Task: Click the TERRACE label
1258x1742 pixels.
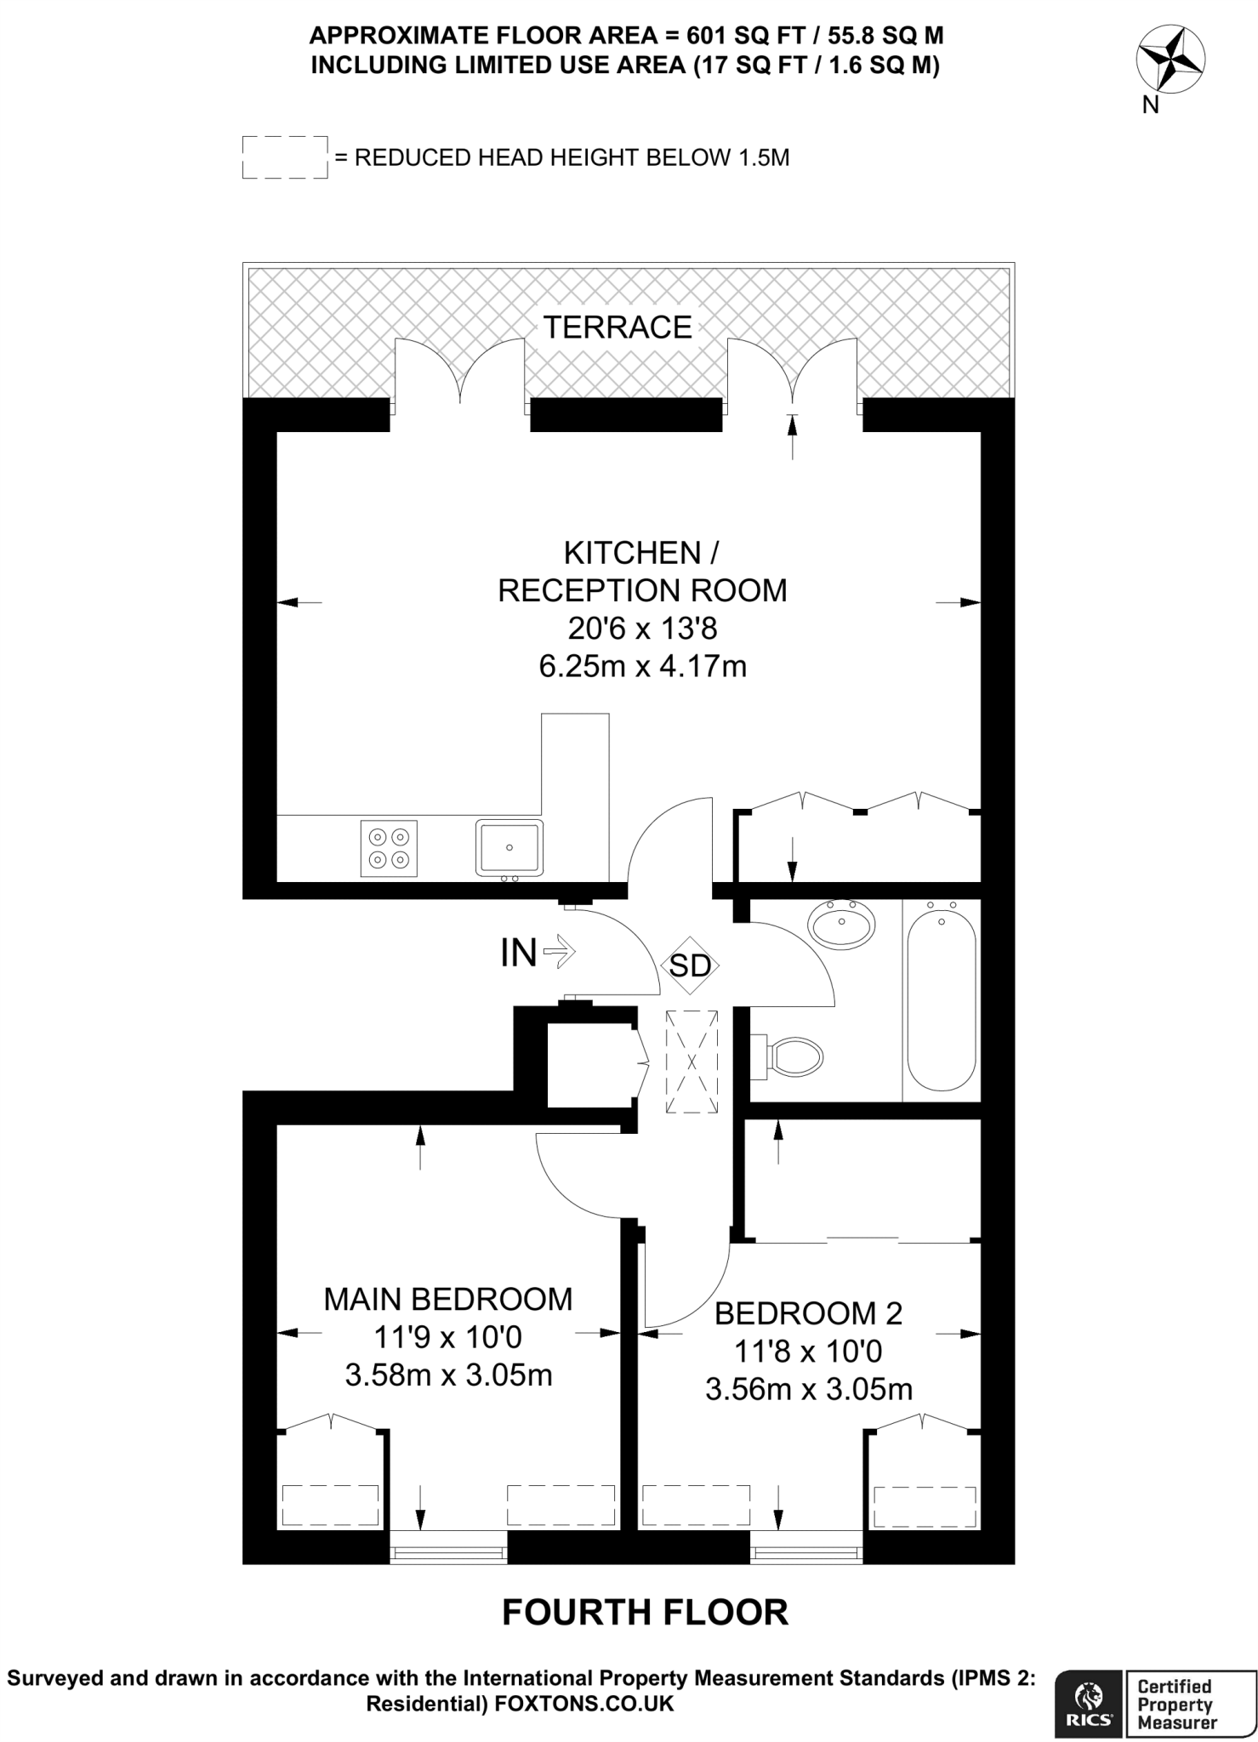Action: tap(618, 327)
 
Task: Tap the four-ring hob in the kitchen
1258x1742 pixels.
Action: tap(390, 848)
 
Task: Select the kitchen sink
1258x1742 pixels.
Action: tap(509, 848)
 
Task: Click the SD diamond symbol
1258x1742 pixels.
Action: tap(691, 965)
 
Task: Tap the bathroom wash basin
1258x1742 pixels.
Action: tap(841, 923)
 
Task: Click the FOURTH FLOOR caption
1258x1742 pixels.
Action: tap(646, 1612)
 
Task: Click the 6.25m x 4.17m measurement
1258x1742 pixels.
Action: tap(643, 665)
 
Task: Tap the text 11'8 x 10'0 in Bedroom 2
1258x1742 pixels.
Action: tap(807, 1351)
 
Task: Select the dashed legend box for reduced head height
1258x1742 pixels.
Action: tap(285, 157)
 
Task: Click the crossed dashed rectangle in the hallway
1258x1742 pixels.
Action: tap(692, 1062)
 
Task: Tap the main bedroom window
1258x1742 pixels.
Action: tap(448, 1554)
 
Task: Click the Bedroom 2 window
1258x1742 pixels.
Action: tap(806, 1554)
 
